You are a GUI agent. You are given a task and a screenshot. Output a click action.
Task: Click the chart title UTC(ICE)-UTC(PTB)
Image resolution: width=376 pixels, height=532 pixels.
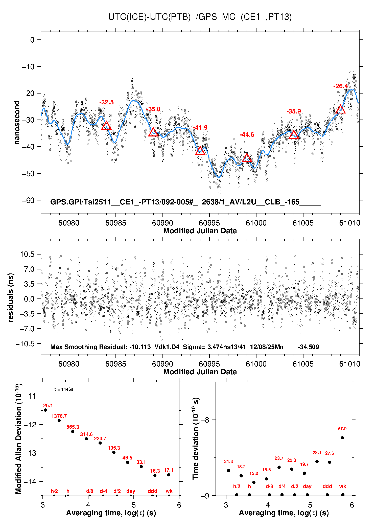coord(149,17)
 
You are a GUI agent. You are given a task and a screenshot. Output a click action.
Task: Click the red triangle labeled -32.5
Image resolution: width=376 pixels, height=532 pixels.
coord(106,126)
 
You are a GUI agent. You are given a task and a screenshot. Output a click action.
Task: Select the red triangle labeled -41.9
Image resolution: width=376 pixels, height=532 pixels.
coord(200,151)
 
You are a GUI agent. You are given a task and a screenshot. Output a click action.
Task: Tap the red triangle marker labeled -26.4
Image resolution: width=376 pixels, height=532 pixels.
coord(341,109)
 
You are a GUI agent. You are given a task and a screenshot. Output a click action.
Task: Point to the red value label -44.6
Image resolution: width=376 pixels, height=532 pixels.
coord(247,135)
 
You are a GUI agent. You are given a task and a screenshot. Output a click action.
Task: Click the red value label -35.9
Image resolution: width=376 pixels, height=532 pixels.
coord(294,111)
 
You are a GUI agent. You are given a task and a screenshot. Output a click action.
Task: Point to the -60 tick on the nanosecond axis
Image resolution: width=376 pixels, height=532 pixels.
coord(28,200)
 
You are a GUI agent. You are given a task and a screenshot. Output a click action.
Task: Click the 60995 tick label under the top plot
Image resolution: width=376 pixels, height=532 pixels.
coord(209,223)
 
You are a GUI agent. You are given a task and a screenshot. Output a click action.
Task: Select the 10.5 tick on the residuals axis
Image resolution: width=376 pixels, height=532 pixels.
coord(27,254)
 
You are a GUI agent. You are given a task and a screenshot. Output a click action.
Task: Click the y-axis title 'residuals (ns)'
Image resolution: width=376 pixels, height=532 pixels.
coord(10,298)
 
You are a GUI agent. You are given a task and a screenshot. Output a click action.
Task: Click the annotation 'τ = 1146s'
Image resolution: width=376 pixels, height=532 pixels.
coord(64,389)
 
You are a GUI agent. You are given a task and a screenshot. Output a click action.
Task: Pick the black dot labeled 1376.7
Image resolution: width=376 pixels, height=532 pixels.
coord(59,421)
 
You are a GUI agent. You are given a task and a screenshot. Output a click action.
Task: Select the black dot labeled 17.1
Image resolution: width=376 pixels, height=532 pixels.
coord(169,475)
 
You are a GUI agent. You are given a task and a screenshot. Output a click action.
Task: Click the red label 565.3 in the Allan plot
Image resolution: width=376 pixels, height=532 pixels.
coord(73,427)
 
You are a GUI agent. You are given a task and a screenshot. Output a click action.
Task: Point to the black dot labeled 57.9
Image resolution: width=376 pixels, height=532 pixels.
coord(342,438)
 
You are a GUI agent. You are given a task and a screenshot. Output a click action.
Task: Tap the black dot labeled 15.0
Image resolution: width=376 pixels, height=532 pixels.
coord(254,482)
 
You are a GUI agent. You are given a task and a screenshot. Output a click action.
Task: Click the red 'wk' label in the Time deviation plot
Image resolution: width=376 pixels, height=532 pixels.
coord(343,486)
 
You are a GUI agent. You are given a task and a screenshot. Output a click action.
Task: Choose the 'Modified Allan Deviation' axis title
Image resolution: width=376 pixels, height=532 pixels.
coord(18,438)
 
